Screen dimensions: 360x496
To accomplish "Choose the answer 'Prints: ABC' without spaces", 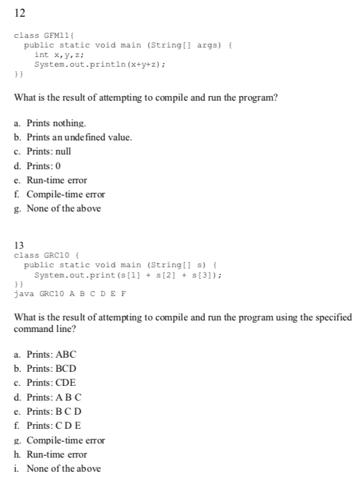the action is pyautogui.click(x=51, y=354).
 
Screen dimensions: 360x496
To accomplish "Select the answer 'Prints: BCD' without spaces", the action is pyautogui.click(x=51, y=368).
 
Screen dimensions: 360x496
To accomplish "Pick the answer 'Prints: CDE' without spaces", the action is pyautogui.click(x=51, y=383).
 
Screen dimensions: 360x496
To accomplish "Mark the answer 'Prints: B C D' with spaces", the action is pyautogui.click(x=54, y=411).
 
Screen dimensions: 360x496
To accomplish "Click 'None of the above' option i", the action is pyautogui.click(x=63, y=468).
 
